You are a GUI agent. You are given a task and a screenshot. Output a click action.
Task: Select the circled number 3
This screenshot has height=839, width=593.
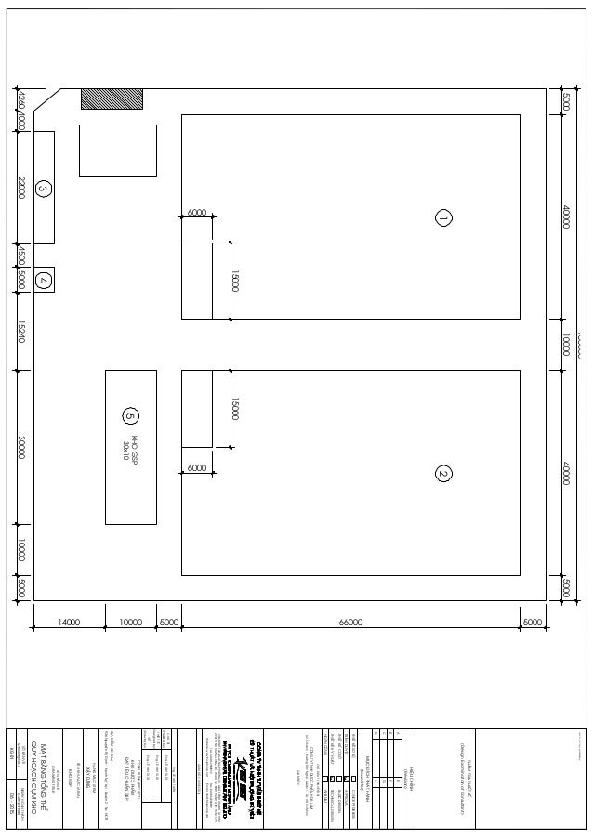[43, 189]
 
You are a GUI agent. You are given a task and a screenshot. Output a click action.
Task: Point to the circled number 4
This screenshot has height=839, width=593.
[43, 280]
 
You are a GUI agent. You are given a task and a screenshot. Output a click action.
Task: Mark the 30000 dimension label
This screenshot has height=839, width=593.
[21, 448]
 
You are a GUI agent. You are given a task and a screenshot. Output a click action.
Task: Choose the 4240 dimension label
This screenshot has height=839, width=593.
[21, 99]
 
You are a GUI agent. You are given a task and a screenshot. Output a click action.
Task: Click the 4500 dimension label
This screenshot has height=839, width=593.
[21, 256]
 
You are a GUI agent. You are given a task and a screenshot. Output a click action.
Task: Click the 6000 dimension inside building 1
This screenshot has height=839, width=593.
[197, 213]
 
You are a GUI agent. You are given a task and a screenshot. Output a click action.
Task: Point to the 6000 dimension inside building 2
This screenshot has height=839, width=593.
[197, 468]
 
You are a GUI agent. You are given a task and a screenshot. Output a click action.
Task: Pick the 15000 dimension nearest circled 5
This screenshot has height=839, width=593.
[235, 409]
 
